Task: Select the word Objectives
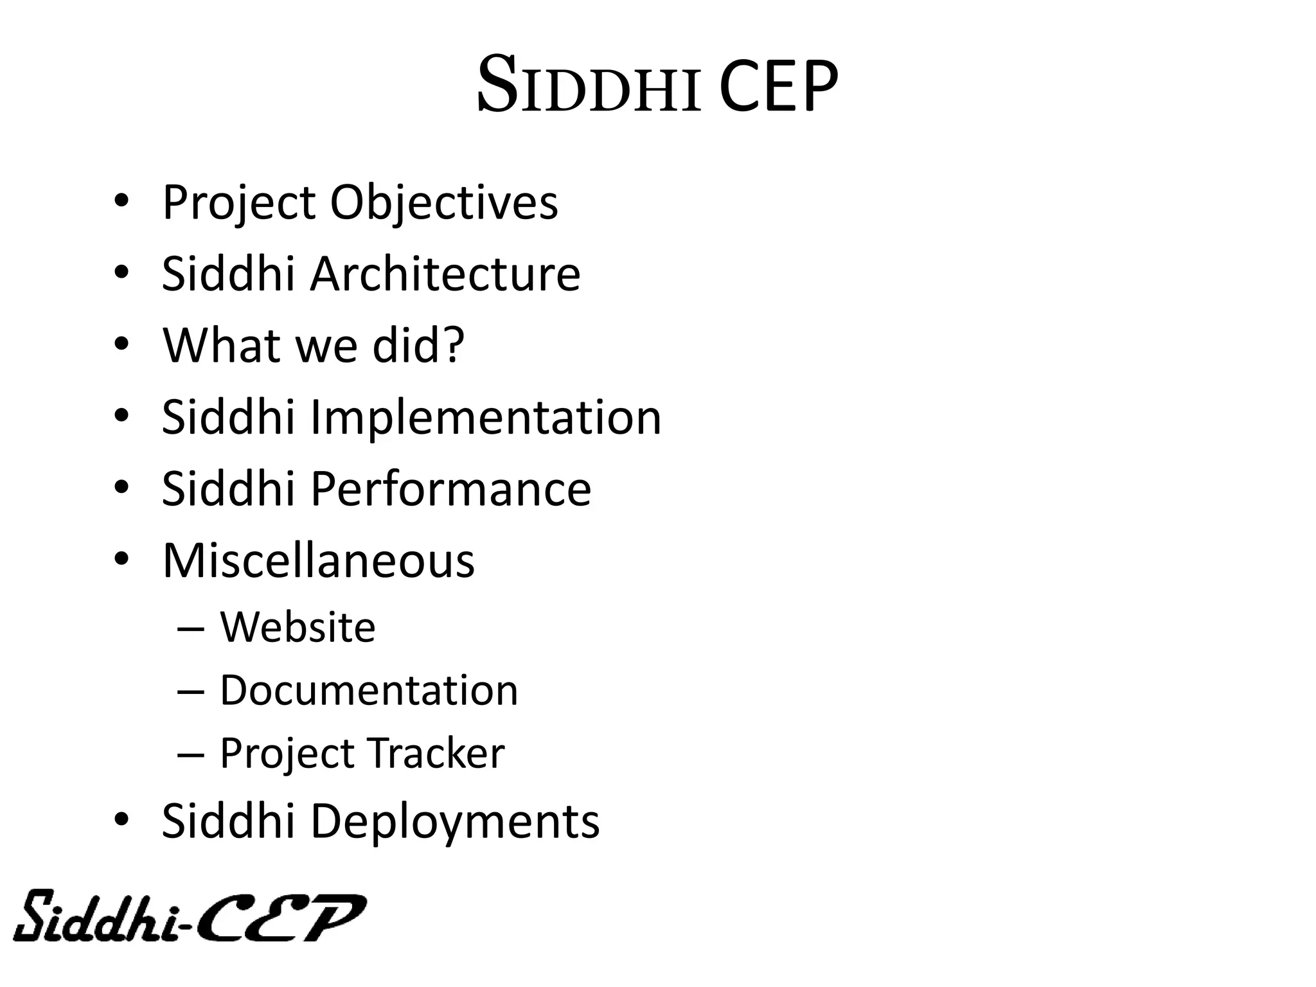pyautogui.click(x=444, y=203)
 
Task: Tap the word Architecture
pyautogui.click(x=445, y=274)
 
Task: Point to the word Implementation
pyautogui.click(x=486, y=418)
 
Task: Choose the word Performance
pyautogui.click(x=450, y=489)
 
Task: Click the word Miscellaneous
pyautogui.click(x=318, y=561)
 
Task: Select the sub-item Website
pyautogui.click(x=298, y=627)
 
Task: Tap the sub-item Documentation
pyautogui.click(x=369, y=691)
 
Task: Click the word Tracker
pyautogui.click(x=436, y=754)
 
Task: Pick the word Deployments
pyautogui.click(x=455, y=822)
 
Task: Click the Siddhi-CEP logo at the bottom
pyautogui.click(x=190, y=917)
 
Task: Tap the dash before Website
pyautogui.click(x=191, y=629)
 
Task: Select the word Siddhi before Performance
pyautogui.click(x=227, y=489)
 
